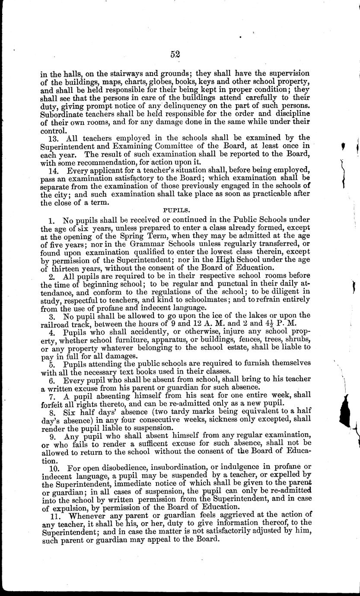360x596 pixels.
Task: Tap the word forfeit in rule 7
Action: [53, 403]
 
